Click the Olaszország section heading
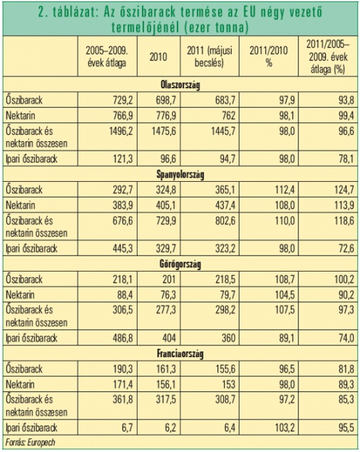tap(180, 85)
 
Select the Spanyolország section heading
tap(180, 175)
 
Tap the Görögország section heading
tap(180, 264)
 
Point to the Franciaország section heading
tap(180, 353)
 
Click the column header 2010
tap(158, 56)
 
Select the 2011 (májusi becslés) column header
tap(209, 56)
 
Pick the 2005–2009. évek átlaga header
tap(107, 56)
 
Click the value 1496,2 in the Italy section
tap(121, 131)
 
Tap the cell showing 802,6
tap(224, 221)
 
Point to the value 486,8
tap(121, 338)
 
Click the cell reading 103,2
tap(283, 428)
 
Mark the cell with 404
tap(169, 338)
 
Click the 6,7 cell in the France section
tap(127, 428)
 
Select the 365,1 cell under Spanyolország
tap(224, 190)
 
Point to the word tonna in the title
tap(230, 28)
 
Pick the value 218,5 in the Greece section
tap(224, 280)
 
